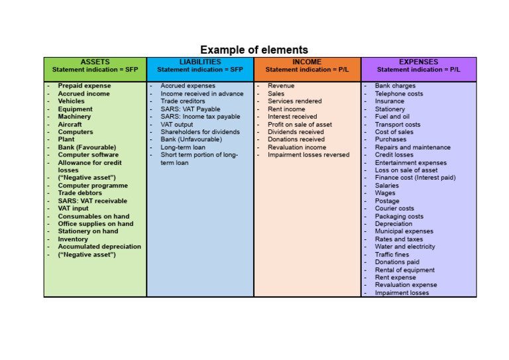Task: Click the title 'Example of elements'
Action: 254,50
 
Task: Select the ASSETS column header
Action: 95,62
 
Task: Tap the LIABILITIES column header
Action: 200,62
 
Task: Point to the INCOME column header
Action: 307,62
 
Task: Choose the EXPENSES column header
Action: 418,62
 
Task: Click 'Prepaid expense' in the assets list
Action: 84,86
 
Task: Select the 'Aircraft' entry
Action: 70,124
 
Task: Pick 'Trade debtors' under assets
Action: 80,193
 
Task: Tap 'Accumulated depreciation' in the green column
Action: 99,247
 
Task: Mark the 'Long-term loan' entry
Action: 183,147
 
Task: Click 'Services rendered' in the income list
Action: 294,101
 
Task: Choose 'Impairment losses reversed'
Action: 308,155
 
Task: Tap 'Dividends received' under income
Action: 296,132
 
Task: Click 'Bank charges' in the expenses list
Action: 395,86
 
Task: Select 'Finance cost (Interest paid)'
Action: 415,178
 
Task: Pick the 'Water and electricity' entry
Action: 405,247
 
